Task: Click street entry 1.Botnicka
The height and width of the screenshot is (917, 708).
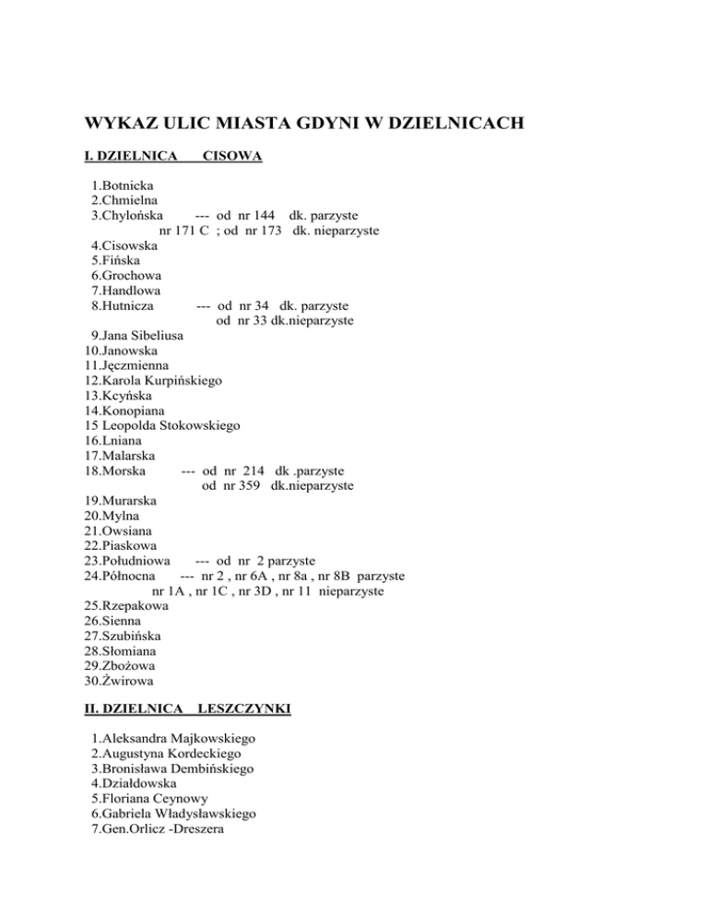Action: [124, 185]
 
